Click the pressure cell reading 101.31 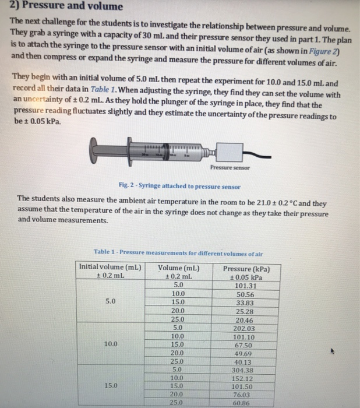tap(245, 286)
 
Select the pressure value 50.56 tap(245, 294)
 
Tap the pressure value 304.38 tap(245, 369)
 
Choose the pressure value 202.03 tap(245, 328)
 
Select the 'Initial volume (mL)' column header tap(110, 267)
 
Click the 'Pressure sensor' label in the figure tap(230, 167)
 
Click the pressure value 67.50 tap(245, 344)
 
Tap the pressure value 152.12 tap(245, 377)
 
